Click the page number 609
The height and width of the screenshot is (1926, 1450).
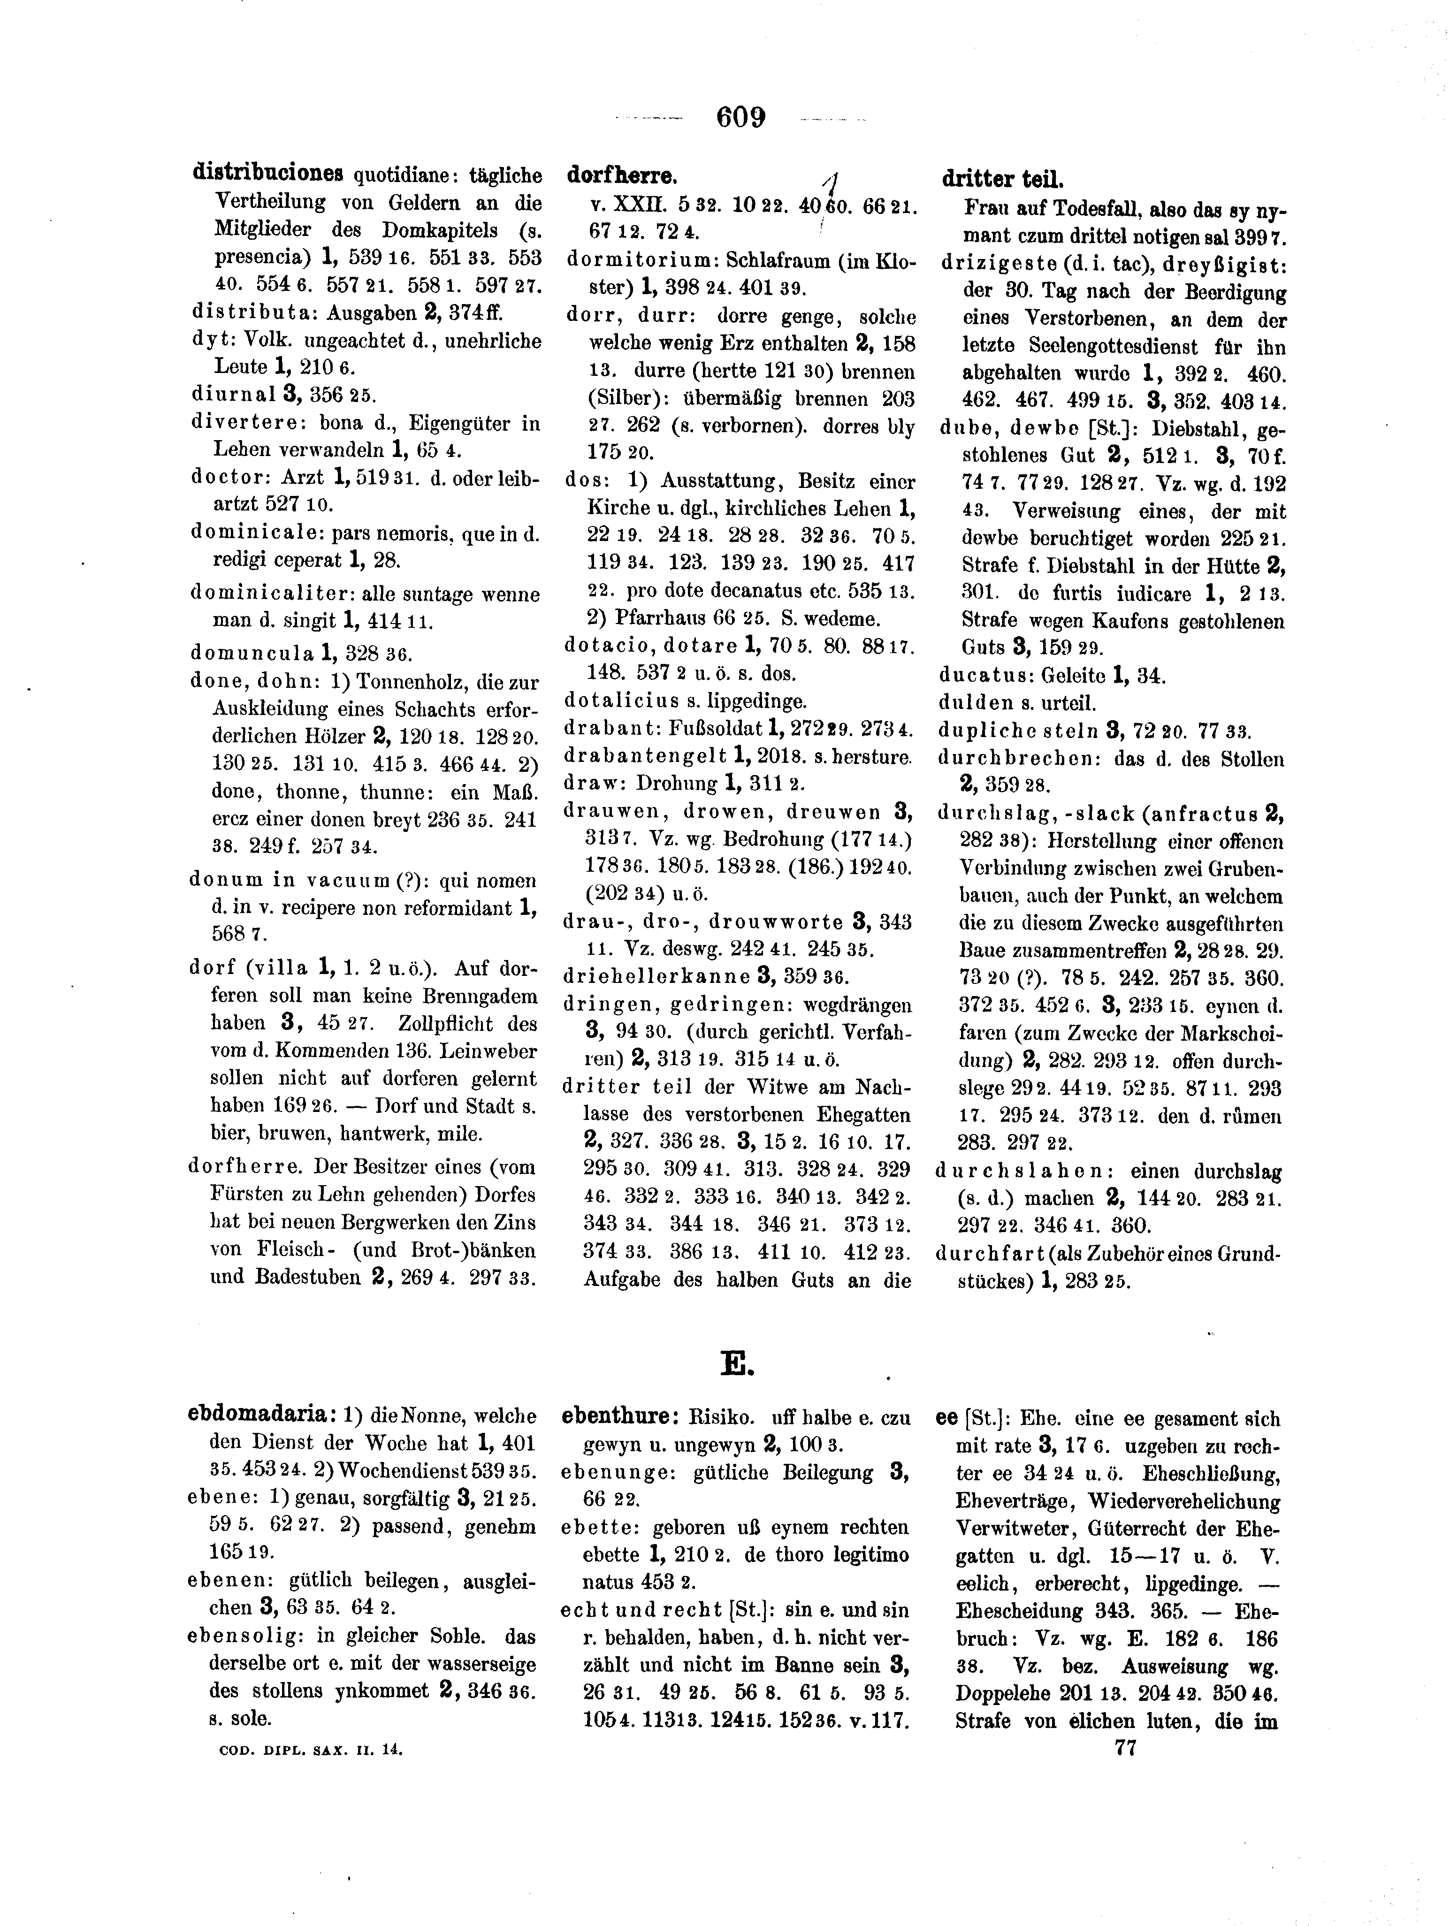[x=740, y=117]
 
